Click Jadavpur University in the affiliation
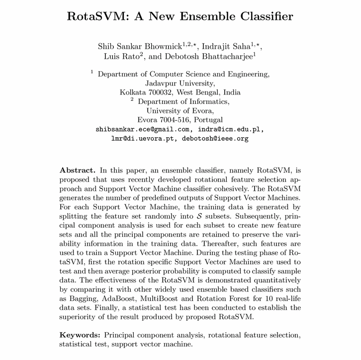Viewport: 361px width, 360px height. click(x=180, y=83)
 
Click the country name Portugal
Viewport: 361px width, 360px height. click(x=208, y=120)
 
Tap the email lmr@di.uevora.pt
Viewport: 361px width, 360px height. click(x=143, y=139)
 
